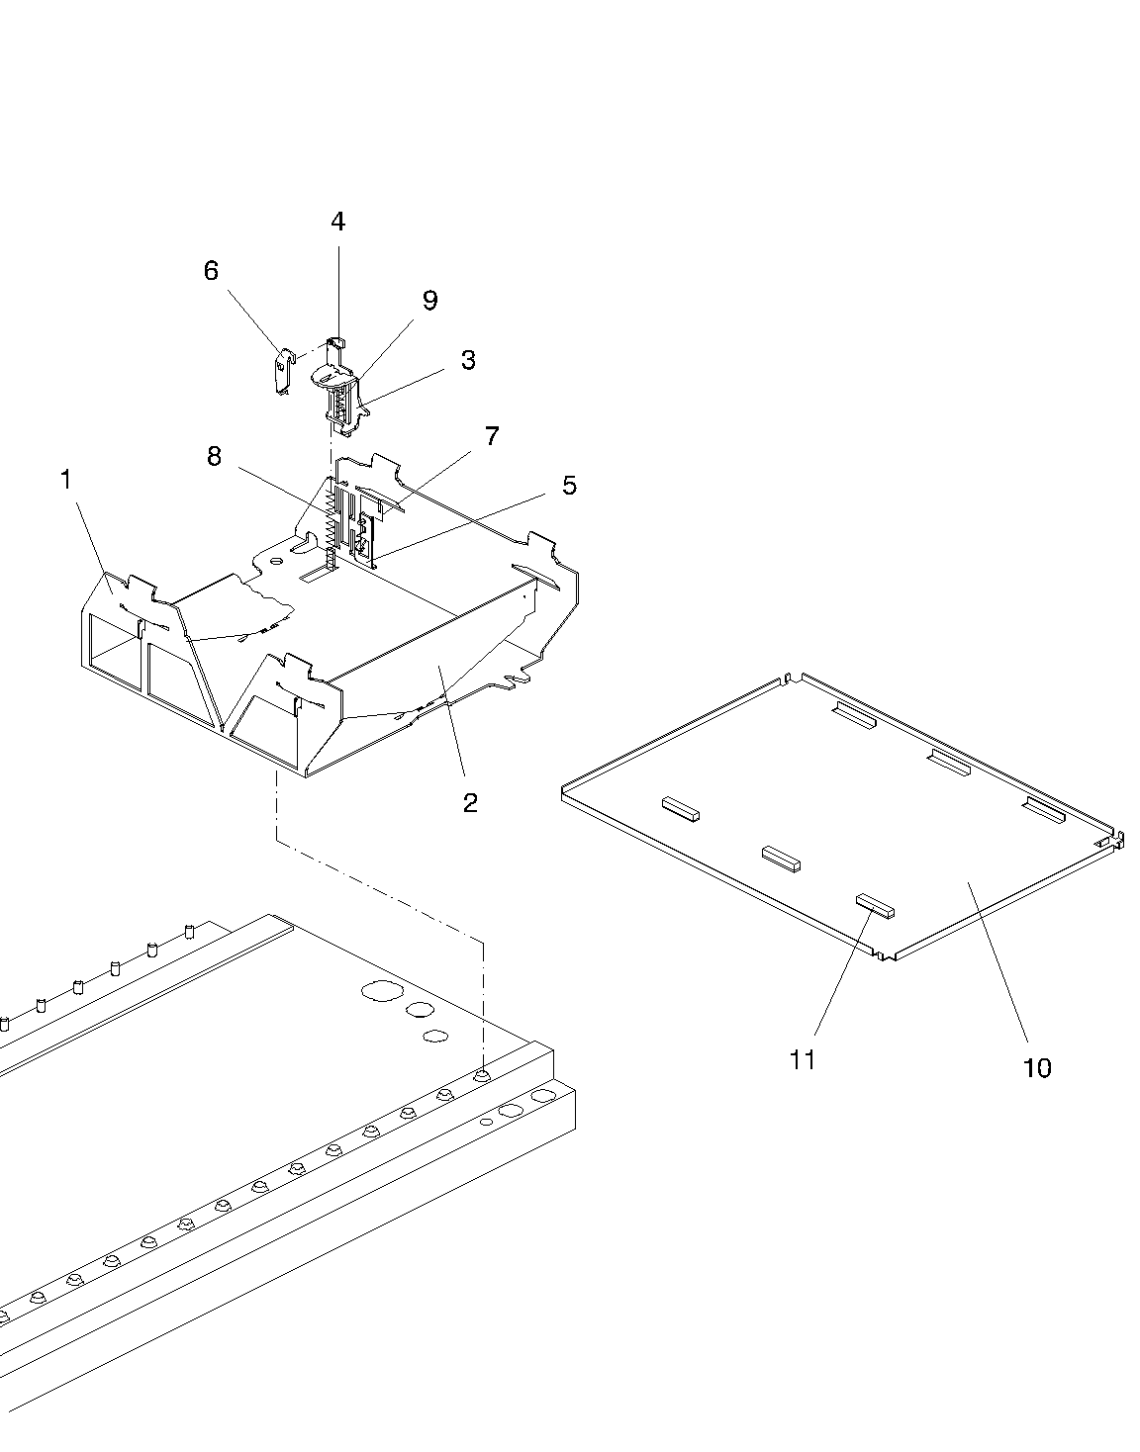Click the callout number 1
pos(65,480)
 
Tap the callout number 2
pos(470,803)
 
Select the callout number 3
pos(468,359)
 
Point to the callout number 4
pos(338,222)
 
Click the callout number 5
pos(569,486)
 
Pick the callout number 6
pos(211,271)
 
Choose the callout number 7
pos(492,436)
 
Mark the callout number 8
pos(214,457)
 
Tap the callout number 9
pos(430,301)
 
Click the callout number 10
pos(1037,1068)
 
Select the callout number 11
pos(803,1059)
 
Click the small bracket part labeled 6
pos(285,372)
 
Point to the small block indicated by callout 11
pos(875,907)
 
